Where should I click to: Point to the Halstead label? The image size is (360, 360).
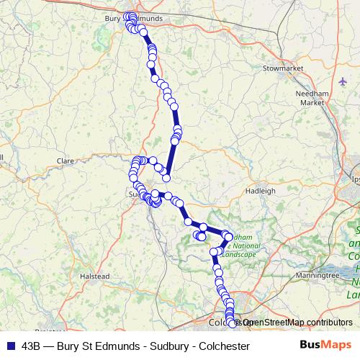pos(95,276)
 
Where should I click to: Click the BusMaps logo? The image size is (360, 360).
pos(325,346)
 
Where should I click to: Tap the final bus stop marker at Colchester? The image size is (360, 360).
pos(232,323)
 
